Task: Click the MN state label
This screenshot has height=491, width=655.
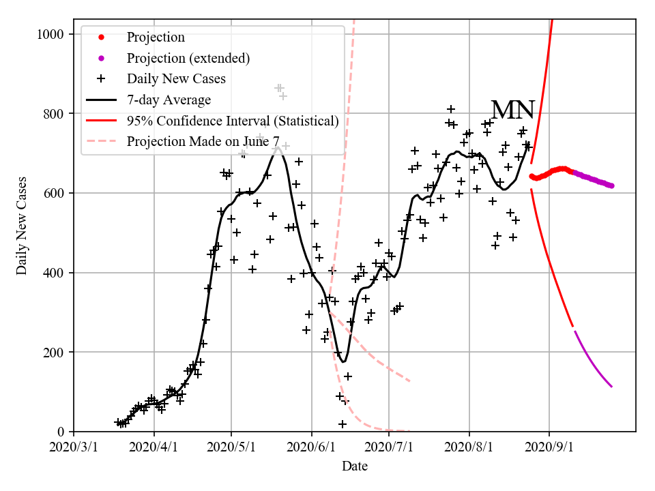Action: [513, 110]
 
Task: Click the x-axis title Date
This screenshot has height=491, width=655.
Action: [355, 466]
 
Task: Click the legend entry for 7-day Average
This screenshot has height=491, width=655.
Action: [169, 100]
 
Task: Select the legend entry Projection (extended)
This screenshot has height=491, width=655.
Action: [188, 59]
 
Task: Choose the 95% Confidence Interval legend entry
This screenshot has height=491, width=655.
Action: [233, 121]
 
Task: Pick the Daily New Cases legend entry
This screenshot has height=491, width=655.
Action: [176, 79]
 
